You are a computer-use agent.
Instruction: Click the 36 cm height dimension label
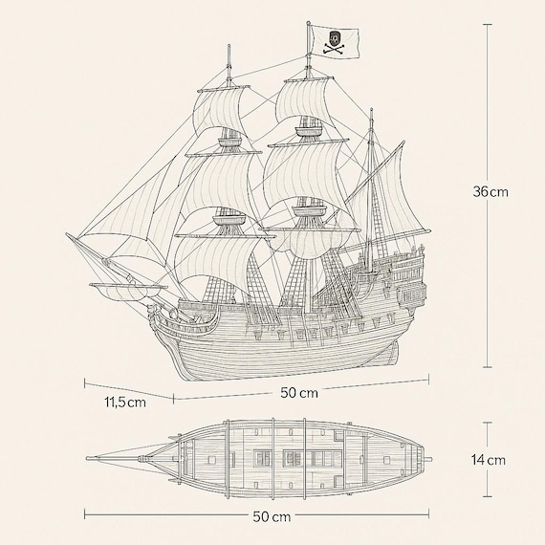(490, 191)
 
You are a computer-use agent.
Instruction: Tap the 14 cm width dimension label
(488, 460)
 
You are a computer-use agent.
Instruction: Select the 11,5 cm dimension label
(125, 403)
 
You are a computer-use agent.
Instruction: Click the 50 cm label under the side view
(299, 393)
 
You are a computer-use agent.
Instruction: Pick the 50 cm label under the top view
(272, 517)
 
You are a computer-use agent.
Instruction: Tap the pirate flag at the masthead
(335, 42)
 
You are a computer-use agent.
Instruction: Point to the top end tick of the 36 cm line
(487, 25)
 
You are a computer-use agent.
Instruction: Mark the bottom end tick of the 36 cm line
(487, 367)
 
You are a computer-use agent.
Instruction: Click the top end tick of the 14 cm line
(487, 423)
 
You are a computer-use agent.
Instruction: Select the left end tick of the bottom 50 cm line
(85, 514)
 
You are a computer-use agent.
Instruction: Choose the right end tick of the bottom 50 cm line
(428, 514)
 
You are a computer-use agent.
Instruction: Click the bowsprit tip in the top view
(88, 459)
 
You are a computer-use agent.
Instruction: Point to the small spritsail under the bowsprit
(128, 291)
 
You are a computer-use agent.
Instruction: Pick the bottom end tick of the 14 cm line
(487, 496)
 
